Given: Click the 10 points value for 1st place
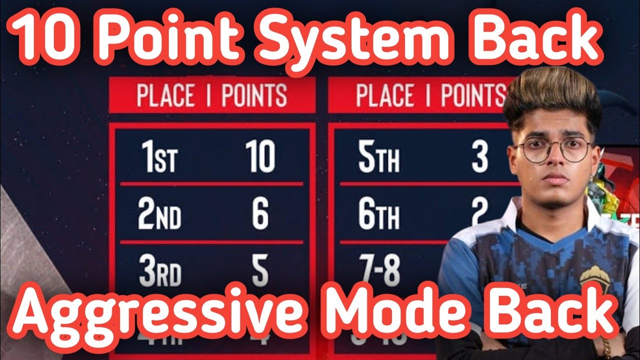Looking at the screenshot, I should pyautogui.click(x=260, y=156).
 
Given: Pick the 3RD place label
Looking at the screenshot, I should pyautogui.click(x=159, y=272).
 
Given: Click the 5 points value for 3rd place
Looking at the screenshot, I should pyautogui.click(x=260, y=272).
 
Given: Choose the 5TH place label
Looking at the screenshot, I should pyautogui.click(x=378, y=157).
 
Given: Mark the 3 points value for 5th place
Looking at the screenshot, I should pyautogui.click(x=479, y=156).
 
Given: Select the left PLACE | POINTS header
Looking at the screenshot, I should pyautogui.click(x=212, y=95).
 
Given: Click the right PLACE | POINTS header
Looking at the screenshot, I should pyautogui.click(x=430, y=95).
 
